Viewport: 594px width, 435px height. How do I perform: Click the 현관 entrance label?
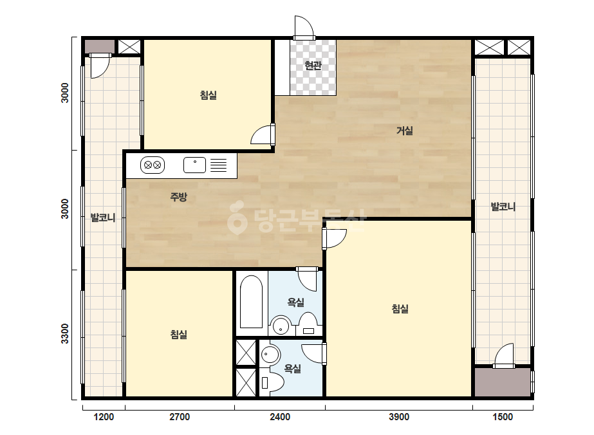[313, 66]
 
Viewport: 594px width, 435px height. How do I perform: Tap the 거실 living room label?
[405, 131]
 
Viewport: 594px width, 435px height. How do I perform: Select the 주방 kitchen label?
[178, 197]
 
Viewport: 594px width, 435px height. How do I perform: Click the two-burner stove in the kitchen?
[153, 165]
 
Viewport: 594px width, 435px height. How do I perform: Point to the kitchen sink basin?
[195, 165]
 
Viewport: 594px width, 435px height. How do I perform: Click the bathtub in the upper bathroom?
[251, 302]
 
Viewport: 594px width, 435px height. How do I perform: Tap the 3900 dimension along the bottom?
[399, 417]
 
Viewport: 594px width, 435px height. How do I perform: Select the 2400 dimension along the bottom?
[280, 417]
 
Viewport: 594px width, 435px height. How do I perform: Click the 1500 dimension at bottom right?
[503, 417]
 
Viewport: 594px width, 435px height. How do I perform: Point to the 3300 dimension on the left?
[65, 334]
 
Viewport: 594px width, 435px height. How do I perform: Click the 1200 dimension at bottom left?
[104, 417]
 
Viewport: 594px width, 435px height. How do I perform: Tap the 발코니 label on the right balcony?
[503, 207]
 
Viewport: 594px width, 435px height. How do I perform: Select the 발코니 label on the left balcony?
[103, 217]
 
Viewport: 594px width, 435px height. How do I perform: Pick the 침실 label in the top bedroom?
[209, 95]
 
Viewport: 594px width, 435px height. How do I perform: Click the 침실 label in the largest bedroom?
[400, 309]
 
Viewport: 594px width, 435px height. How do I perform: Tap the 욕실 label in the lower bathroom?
[292, 368]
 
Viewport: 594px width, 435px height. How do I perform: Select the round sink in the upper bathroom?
[281, 325]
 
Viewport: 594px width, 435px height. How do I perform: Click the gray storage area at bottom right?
[503, 382]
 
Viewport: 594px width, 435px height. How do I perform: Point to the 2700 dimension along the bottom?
[180, 417]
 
